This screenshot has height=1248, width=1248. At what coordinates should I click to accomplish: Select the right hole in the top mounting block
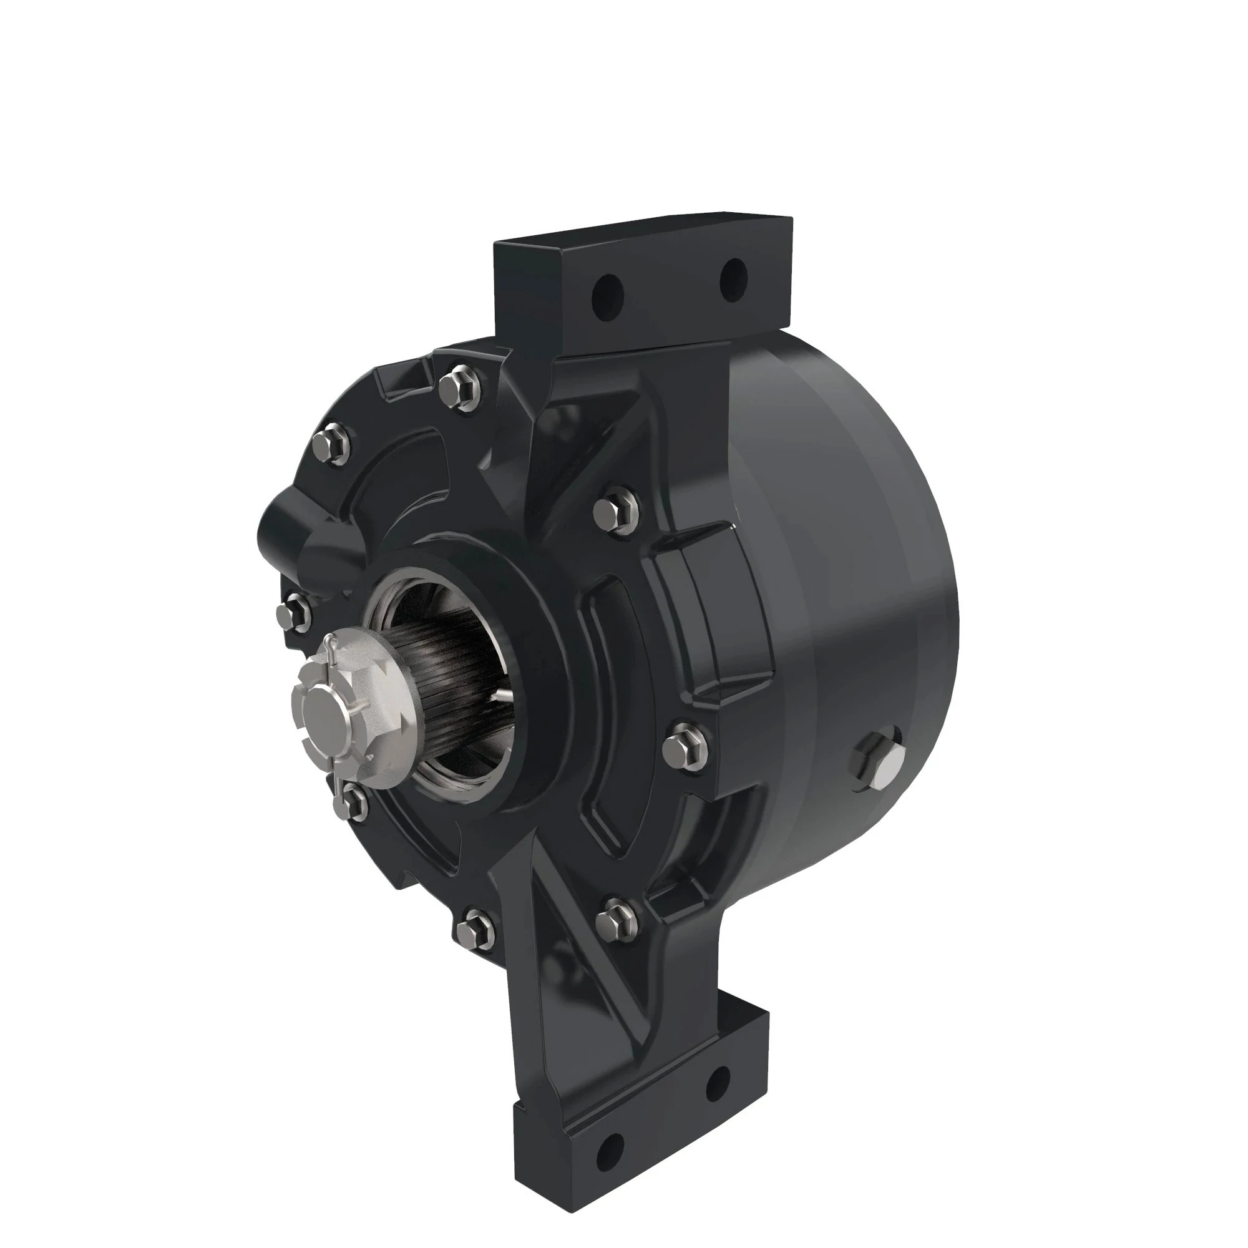733,275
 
